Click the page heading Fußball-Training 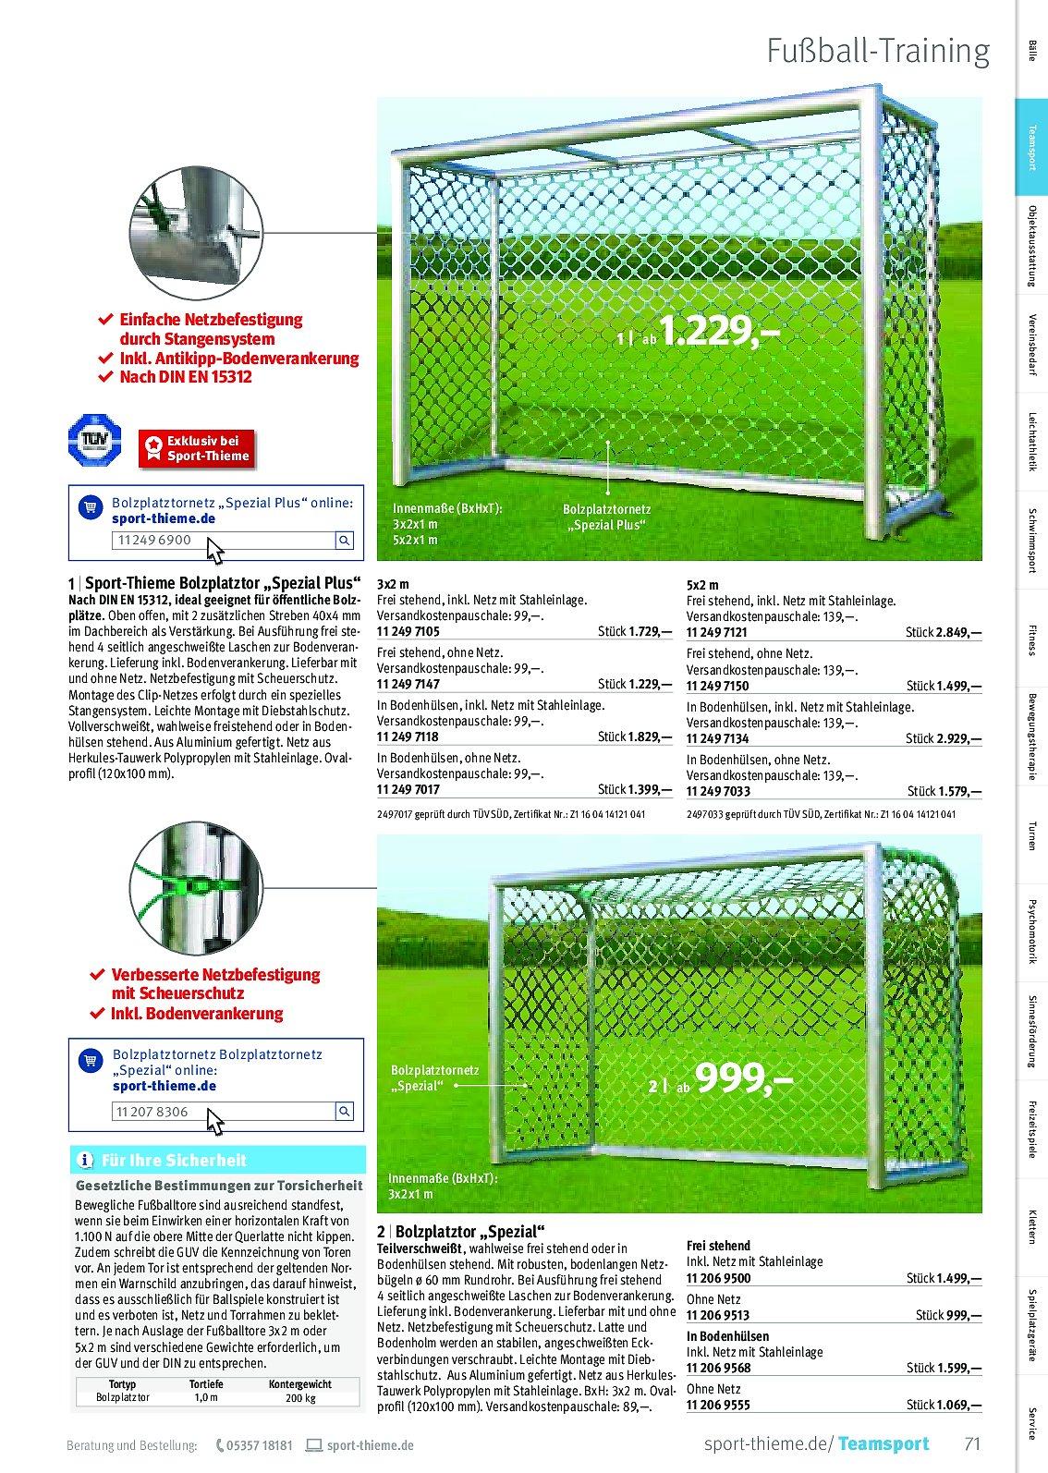pyautogui.click(x=878, y=52)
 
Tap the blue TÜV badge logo pyautogui.click(x=94, y=439)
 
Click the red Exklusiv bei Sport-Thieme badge pyautogui.click(x=196, y=448)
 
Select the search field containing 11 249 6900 pyautogui.click(x=223, y=541)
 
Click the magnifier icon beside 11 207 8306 pyautogui.click(x=344, y=1112)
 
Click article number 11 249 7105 pyautogui.click(x=408, y=632)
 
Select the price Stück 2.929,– pyautogui.click(x=944, y=738)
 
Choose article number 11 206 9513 pyautogui.click(x=718, y=1315)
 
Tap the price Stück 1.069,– pyautogui.click(x=944, y=1405)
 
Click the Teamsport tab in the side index pyautogui.click(x=1031, y=148)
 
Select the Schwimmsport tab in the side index pyautogui.click(x=1031, y=541)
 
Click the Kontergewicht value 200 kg pyautogui.click(x=299, y=1398)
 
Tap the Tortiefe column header pyautogui.click(x=206, y=1384)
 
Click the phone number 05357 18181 pyautogui.click(x=260, y=1445)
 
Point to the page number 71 pyautogui.click(x=971, y=1443)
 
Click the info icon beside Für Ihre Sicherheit pyautogui.click(x=85, y=1161)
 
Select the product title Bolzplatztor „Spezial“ pyautogui.click(x=469, y=1232)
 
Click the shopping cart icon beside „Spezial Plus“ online pyautogui.click(x=90, y=506)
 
